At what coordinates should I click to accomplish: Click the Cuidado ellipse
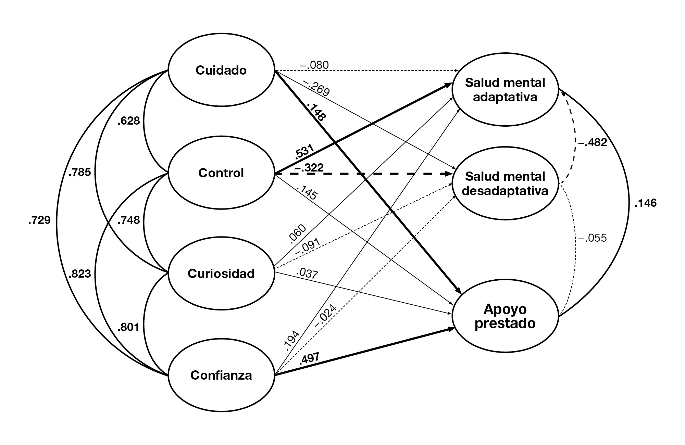(221, 70)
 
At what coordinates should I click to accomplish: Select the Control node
(221, 173)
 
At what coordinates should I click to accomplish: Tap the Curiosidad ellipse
(221, 274)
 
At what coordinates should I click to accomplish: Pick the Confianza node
(221, 375)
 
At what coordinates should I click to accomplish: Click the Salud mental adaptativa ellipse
(505, 90)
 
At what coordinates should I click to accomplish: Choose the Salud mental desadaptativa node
(505, 184)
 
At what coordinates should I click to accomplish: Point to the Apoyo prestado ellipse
(505, 317)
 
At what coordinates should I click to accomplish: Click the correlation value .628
(128, 121)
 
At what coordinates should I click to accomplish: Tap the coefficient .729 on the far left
(39, 220)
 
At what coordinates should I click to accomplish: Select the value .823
(80, 274)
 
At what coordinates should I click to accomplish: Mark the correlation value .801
(128, 328)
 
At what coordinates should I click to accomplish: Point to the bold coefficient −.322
(309, 167)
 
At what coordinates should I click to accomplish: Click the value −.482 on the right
(593, 142)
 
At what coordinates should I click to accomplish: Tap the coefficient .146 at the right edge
(646, 203)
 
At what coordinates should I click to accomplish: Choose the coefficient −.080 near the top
(314, 65)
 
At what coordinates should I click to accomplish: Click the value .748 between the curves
(128, 220)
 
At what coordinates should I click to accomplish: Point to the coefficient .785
(80, 172)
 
